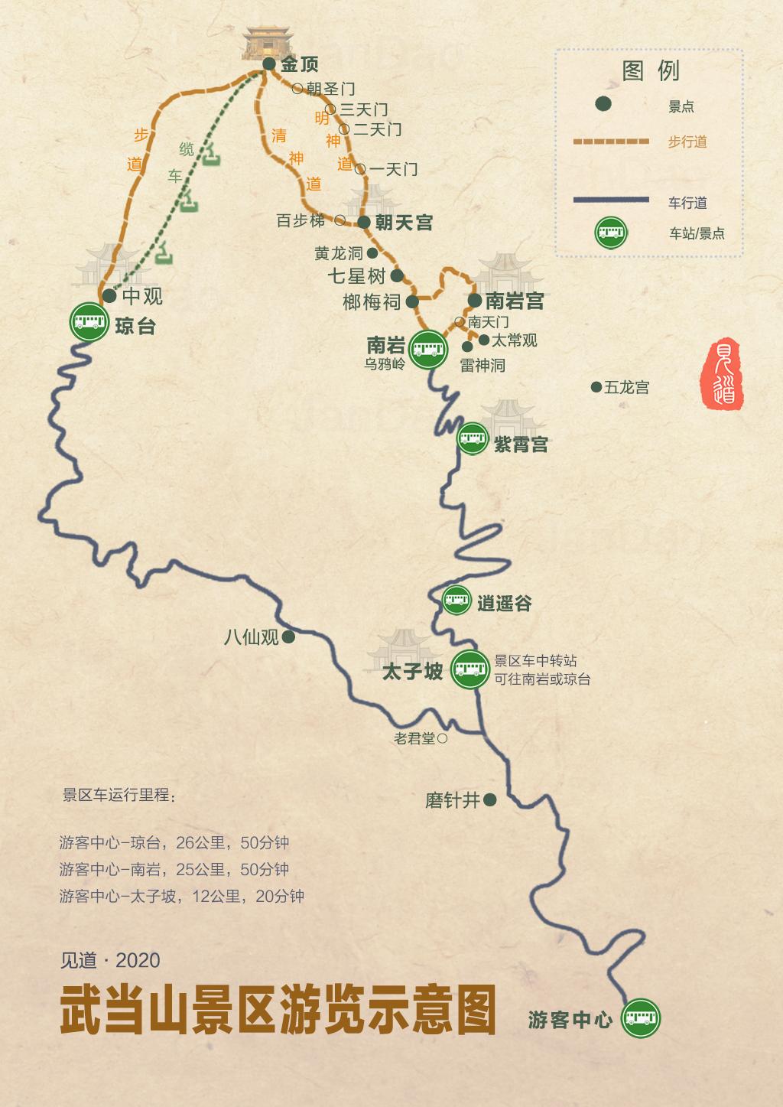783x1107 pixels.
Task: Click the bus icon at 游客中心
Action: pos(640,1018)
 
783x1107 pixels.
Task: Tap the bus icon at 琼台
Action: pos(89,322)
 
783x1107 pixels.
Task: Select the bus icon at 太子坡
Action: pos(469,670)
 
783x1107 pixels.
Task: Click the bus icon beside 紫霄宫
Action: pos(473,439)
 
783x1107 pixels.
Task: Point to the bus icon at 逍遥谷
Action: pos(457,601)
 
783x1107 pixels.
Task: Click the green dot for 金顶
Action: pos(268,64)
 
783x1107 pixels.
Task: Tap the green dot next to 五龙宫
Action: pos(596,388)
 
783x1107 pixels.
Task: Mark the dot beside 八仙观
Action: pos(288,637)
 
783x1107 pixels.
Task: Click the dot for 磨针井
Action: pos(490,800)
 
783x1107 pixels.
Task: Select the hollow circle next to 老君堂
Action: pos(442,739)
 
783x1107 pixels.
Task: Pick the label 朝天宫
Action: pos(404,223)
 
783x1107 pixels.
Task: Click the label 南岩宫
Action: pos(515,301)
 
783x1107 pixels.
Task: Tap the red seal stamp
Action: pos(723,373)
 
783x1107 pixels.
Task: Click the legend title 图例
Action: pos(651,71)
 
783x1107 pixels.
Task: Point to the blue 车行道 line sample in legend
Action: pos(610,200)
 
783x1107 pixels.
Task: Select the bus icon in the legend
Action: pos(610,233)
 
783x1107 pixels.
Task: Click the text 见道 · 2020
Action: pos(110,960)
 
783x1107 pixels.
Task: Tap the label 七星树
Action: pos(356,275)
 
